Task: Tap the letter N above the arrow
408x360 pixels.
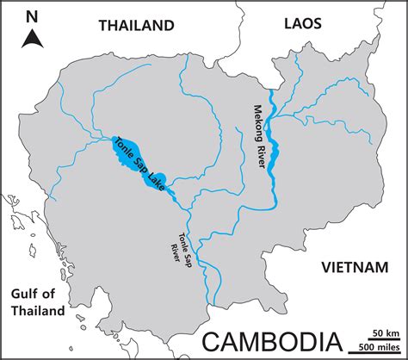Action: (33, 15)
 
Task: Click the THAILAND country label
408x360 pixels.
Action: (136, 26)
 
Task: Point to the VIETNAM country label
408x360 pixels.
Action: (355, 268)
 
